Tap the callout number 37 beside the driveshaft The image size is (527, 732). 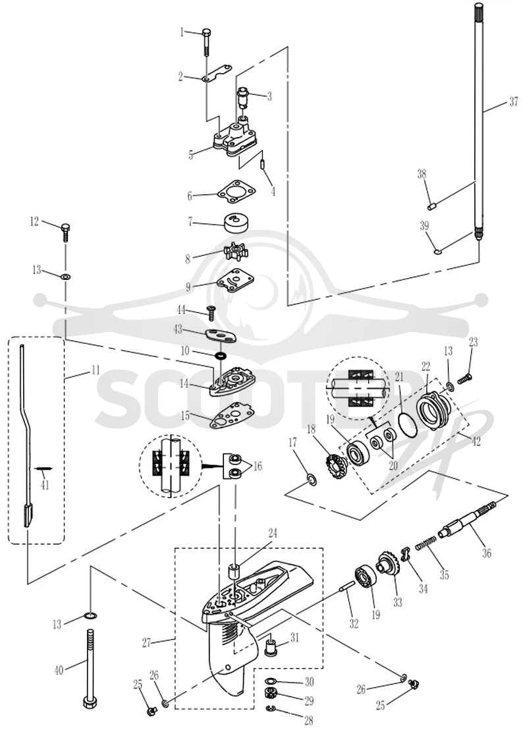coord(513,101)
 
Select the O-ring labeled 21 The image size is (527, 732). coord(408,424)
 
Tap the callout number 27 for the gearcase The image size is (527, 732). coord(146,642)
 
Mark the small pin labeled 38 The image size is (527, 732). coord(431,205)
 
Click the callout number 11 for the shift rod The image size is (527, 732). coord(96,370)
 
